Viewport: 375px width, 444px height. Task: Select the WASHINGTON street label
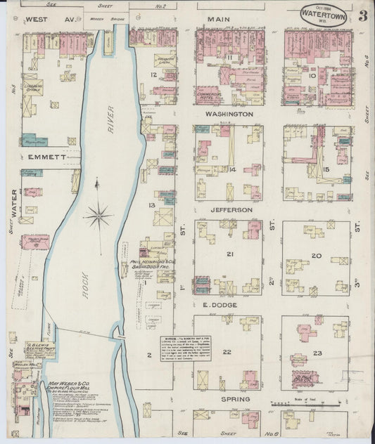click(x=229, y=114)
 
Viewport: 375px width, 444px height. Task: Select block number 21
click(x=229, y=254)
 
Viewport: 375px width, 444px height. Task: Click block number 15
click(x=326, y=169)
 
